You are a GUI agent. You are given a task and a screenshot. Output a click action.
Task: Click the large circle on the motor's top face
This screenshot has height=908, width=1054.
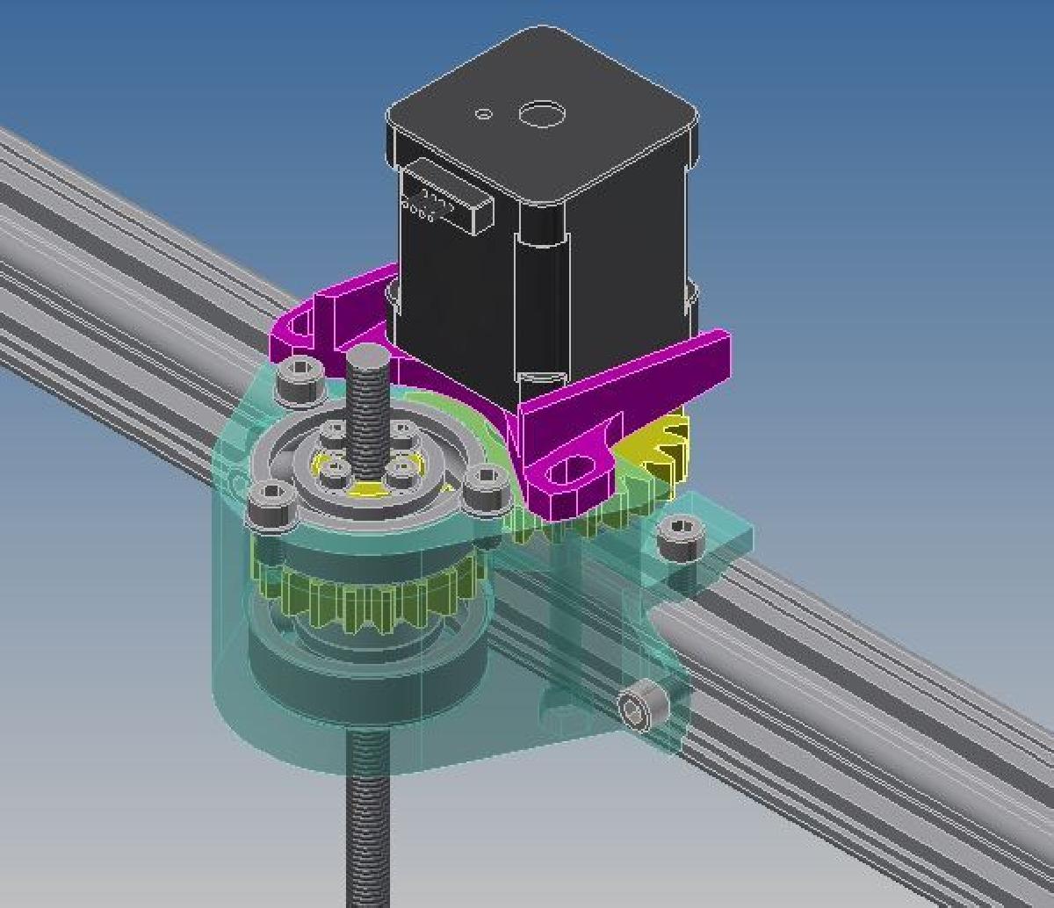click(x=541, y=114)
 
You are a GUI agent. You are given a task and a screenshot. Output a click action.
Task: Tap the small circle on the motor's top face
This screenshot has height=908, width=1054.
click(x=484, y=113)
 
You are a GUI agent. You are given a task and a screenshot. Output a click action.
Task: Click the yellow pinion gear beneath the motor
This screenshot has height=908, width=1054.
click(x=659, y=448)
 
